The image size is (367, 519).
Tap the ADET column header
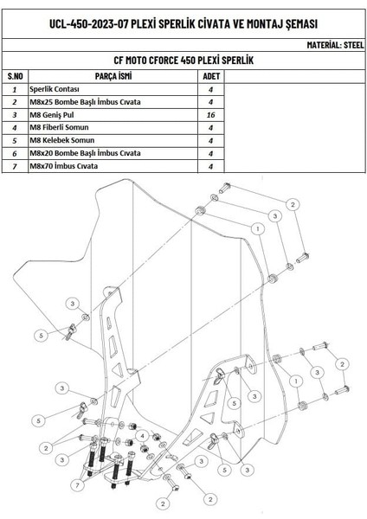point(210,76)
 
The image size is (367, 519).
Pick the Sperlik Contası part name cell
point(55,89)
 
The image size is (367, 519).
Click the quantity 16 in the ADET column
point(210,115)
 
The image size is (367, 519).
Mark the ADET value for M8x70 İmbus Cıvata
point(210,165)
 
